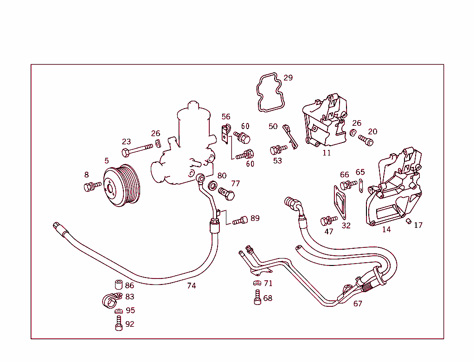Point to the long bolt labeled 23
(x=136, y=150)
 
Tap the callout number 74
(x=191, y=286)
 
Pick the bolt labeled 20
(x=366, y=140)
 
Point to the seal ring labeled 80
(x=212, y=187)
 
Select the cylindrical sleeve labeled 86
(x=118, y=285)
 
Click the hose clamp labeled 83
(x=110, y=300)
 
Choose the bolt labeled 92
(x=119, y=323)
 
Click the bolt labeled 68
(x=257, y=297)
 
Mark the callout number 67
(x=358, y=304)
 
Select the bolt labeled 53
(x=278, y=149)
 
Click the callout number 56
(x=226, y=117)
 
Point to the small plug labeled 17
(x=409, y=221)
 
